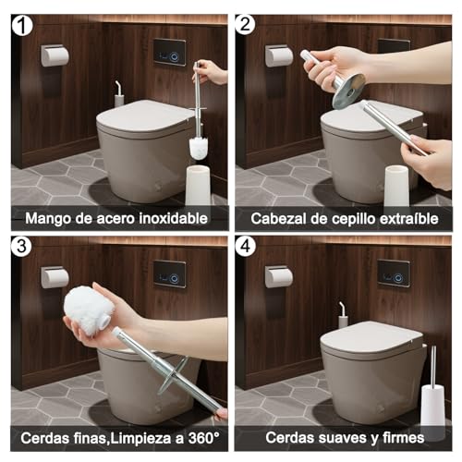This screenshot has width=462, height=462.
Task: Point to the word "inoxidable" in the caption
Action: point(175,218)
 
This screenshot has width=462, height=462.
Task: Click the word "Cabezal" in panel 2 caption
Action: point(276,218)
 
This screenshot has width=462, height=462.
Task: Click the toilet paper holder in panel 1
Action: point(55,55)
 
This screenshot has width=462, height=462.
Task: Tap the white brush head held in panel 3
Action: point(89,310)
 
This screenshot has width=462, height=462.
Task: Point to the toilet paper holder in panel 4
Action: point(279,276)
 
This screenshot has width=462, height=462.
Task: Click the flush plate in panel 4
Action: point(393,272)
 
